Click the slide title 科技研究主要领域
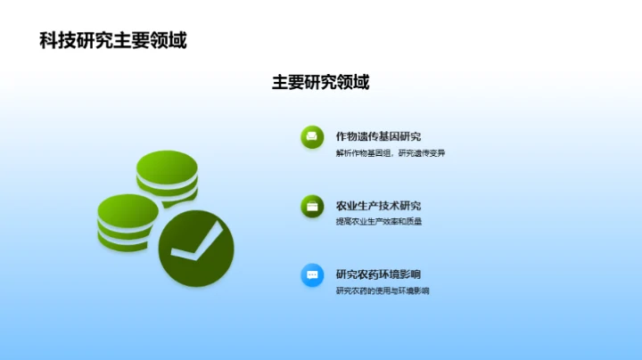tap(113, 40)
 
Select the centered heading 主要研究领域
tap(320, 82)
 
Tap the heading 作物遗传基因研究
tap(378, 136)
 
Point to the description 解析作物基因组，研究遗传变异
tap(391, 153)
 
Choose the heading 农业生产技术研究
tap(378, 205)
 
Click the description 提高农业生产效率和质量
tap(378, 222)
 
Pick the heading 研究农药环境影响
tap(378, 274)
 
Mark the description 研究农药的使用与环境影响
tap(383, 290)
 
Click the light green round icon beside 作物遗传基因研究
tap(312, 136)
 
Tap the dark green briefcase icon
tap(312, 206)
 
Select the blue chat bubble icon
tap(312, 274)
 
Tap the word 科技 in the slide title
tap(54, 40)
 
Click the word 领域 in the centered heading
tap(353, 82)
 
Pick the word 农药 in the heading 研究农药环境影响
tap(367, 274)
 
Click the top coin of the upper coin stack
tap(167, 163)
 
